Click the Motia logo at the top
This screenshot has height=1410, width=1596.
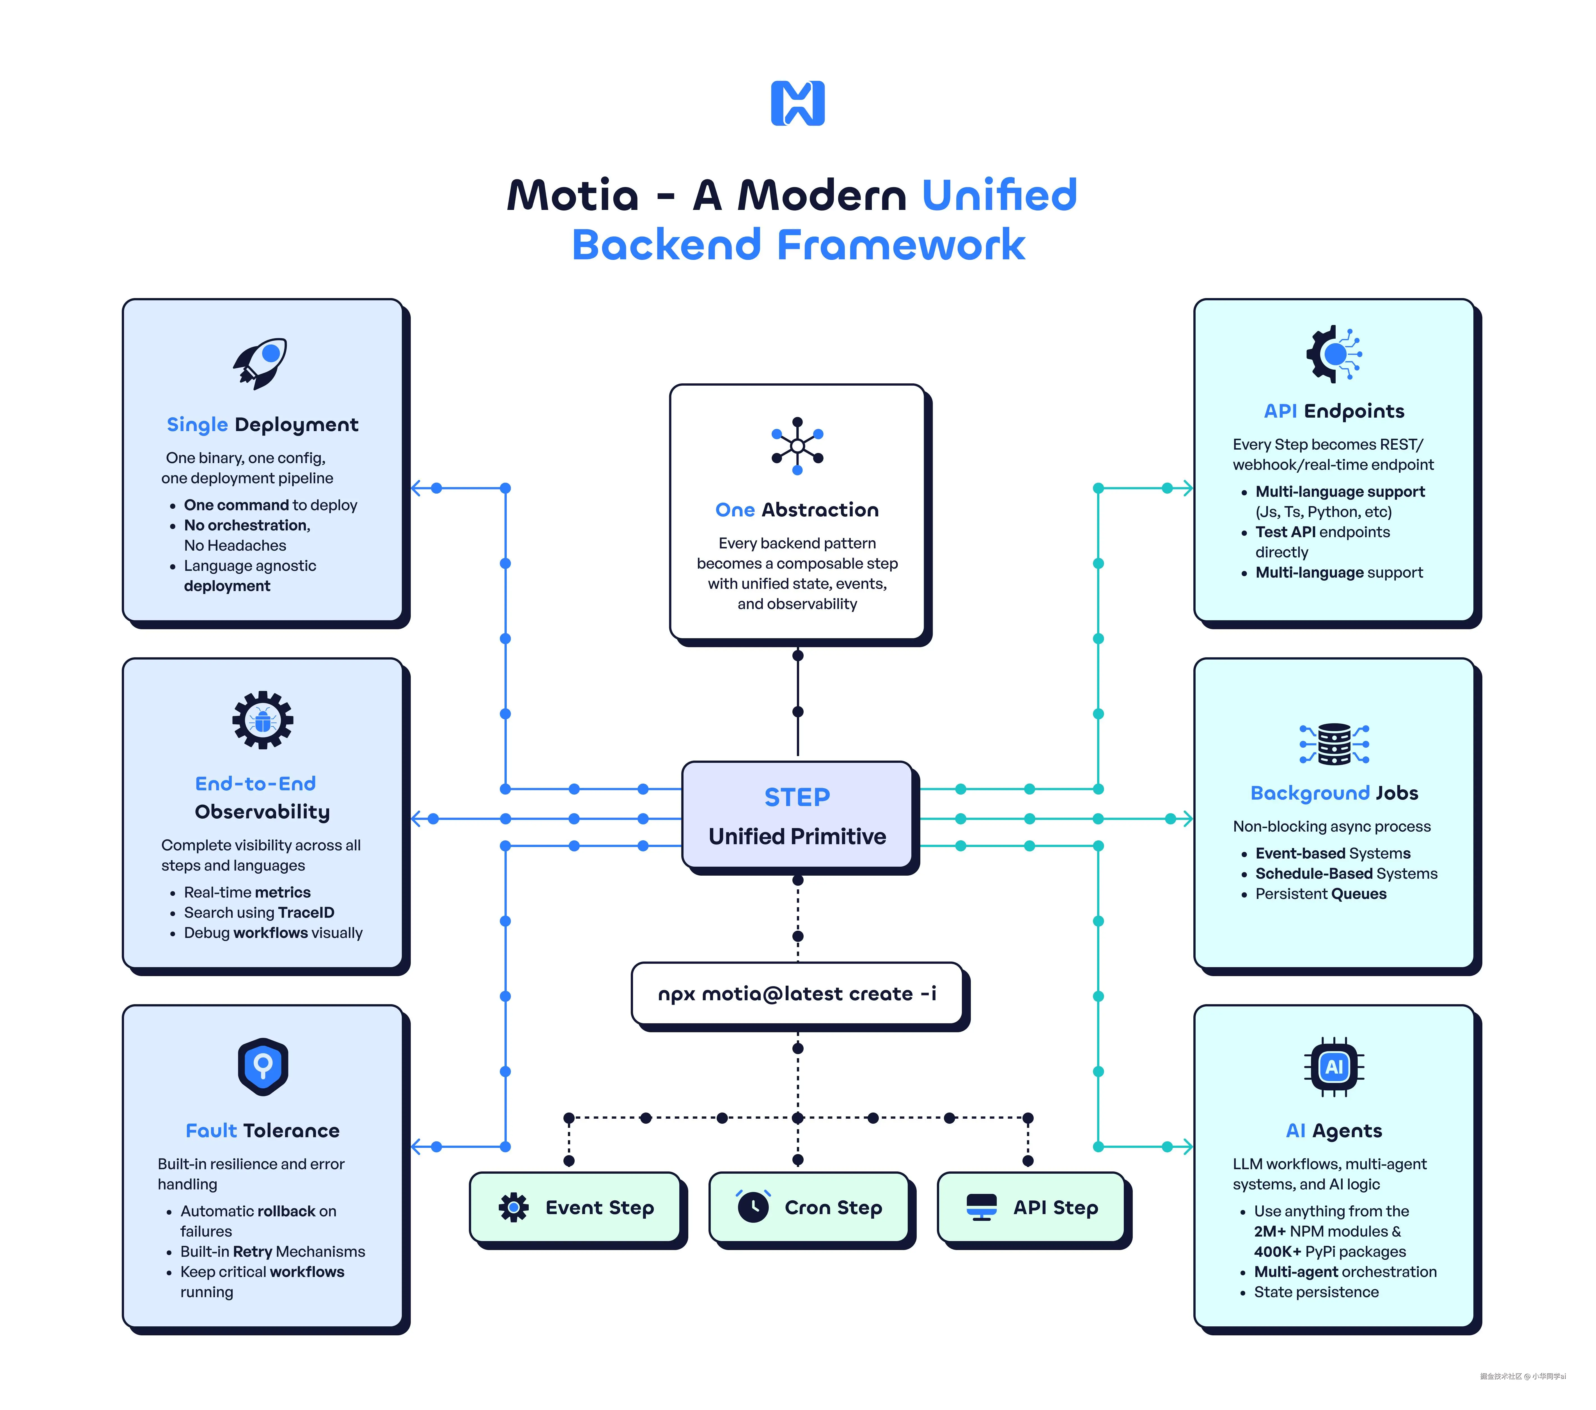(x=797, y=103)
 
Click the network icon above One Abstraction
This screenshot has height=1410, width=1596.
(x=797, y=446)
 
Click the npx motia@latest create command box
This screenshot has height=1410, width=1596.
(x=797, y=994)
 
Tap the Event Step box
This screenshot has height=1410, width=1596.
(x=575, y=1207)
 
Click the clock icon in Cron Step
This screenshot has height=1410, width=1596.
(x=753, y=1207)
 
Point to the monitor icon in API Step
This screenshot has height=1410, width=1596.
(x=982, y=1207)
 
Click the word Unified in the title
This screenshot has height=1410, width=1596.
(x=999, y=195)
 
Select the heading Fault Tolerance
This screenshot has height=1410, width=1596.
(x=262, y=1130)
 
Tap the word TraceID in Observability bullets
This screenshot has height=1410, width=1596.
(x=306, y=912)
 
